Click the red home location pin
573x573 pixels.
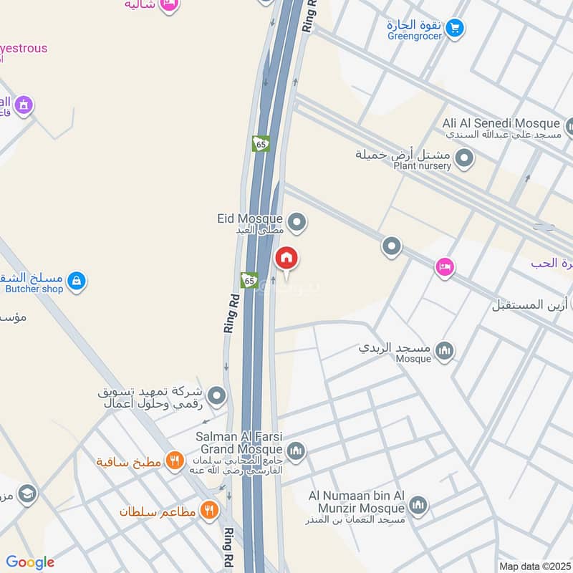click(x=286, y=258)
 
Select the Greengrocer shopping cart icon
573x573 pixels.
click(x=454, y=29)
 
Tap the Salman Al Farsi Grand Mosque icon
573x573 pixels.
click(x=297, y=451)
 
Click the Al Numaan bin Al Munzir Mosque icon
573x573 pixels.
click(x=418, y=506)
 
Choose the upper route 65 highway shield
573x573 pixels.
click(x=261, y=144)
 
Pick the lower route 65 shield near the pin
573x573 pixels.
click(x=249, y=280)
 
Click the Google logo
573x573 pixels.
click(x=30, y=562)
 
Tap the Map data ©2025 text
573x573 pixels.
click(x=534, y=567)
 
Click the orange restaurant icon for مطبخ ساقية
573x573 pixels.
click(x=174, y=461)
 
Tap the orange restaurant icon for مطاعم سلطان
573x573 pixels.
click(x=209, y=510)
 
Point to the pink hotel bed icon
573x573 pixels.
click(x=445, y=268)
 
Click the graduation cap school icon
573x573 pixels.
click(x=27, y=494)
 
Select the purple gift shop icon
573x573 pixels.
click(x=24, y=105)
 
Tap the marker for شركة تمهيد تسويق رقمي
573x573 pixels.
click(x=216, y=395)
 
